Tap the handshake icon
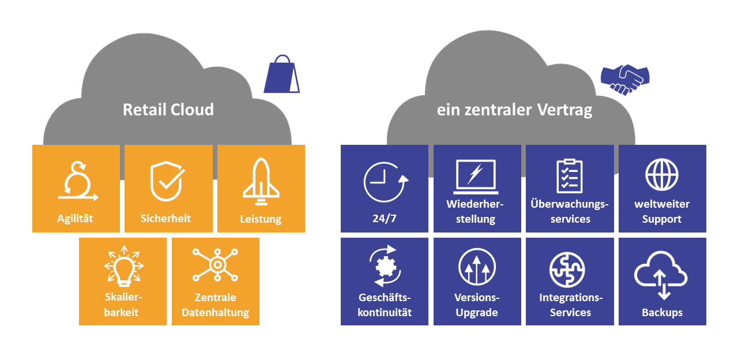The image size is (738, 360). pos(625,80)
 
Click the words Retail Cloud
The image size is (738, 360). pos(168,110)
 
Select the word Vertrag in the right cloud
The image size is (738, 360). pos(564,110)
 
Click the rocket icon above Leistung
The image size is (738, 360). pos(261,182)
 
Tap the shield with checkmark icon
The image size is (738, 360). pos(167,181)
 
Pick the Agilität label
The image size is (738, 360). pos(75,219)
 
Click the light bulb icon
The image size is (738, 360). pos(123,266)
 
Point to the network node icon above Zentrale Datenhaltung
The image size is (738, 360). pos(215,265)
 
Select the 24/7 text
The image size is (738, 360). pos(385,219)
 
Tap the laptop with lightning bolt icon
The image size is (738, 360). pos(476,177)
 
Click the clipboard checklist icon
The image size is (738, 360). pos(569,176)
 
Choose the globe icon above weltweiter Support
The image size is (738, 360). pos(661,175)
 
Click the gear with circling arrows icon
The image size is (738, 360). pos(385,266)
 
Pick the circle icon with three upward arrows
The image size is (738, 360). pos(477,267)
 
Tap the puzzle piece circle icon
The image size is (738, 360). pos(567,269)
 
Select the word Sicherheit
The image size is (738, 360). pos(165,218)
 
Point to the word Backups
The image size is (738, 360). pos(662,313)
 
